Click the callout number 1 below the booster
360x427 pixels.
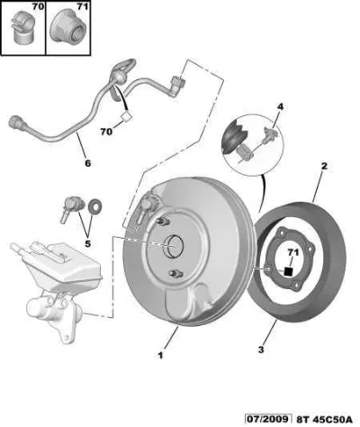point(160,356)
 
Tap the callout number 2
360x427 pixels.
point(324,166)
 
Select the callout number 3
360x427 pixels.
point(261,350)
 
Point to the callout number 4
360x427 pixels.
point(280,106)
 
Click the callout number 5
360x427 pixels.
point(87,243)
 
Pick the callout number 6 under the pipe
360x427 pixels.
point(87,163)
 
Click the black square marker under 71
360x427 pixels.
point(288,271)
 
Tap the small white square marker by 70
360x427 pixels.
point(126,115)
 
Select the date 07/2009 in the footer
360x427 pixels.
point(268,419)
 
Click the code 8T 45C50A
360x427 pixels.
point(325,419)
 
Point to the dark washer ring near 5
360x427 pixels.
point(95,206)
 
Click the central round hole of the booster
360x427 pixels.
point(174,246)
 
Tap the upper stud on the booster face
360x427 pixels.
point(162,222)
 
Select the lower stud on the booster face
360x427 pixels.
point(175,273)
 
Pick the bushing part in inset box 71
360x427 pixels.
point(67,28)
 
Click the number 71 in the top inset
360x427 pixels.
point(82,6)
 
